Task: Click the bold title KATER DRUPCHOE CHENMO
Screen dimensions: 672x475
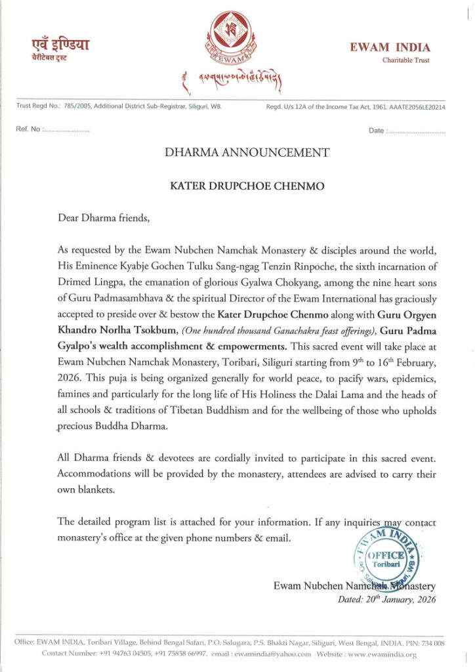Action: [x=237, y=185]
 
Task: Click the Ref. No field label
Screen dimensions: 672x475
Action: [x=28, y=131]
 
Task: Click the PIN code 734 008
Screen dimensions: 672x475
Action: [x=431, y=643]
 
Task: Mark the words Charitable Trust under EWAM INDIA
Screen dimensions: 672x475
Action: [x=406, y=60]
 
